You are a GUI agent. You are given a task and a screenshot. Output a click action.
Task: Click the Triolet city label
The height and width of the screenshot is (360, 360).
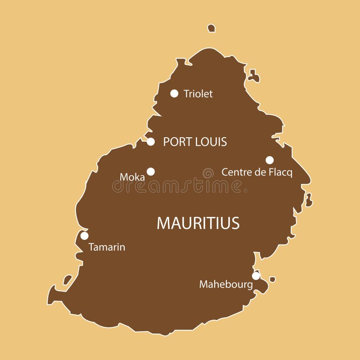(x=198, y=94)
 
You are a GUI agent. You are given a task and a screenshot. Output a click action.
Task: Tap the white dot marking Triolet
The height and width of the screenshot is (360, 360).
(x=174, y=94)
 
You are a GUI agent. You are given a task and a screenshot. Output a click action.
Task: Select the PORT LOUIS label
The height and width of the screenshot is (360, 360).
(x=195, y=142)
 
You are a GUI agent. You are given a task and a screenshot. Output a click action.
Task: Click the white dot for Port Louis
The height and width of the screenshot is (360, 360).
(x=151, y=142)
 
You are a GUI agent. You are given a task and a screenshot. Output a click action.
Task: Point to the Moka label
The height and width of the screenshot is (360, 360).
(x=132, y=177)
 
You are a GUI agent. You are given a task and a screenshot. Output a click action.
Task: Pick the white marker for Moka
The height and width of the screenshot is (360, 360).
(x=151, y=171)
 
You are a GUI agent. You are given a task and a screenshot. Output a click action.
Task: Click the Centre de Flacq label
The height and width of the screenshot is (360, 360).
(x=257, y=172)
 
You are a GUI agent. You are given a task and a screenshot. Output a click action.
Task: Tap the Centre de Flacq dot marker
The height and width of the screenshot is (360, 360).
(x=270, y=160)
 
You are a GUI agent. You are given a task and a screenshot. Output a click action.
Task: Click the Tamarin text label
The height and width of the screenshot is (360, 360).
(x=107, y=247)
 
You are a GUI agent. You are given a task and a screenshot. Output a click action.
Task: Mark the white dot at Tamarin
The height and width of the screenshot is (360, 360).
(x=84, y=236)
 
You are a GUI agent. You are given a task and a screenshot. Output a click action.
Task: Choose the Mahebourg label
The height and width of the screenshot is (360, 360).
(x=226, y=284)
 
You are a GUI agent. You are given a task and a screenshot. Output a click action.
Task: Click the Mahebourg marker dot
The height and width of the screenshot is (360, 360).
(x=256, y=276)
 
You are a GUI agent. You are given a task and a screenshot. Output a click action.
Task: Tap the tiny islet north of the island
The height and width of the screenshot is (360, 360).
(x=211, y=28)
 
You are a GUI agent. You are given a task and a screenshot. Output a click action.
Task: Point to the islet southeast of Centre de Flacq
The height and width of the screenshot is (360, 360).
(x=309, y=199)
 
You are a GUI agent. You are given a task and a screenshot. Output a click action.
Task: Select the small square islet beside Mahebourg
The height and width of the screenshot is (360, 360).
(x=272, y=279)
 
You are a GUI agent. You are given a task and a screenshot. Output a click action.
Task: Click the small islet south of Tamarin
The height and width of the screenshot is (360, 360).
(x=67, y=279)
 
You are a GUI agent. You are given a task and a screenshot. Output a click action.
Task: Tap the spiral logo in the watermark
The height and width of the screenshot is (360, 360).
(x=208, y=173)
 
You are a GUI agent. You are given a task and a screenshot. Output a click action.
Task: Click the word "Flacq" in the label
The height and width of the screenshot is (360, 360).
(x=280, y=172)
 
